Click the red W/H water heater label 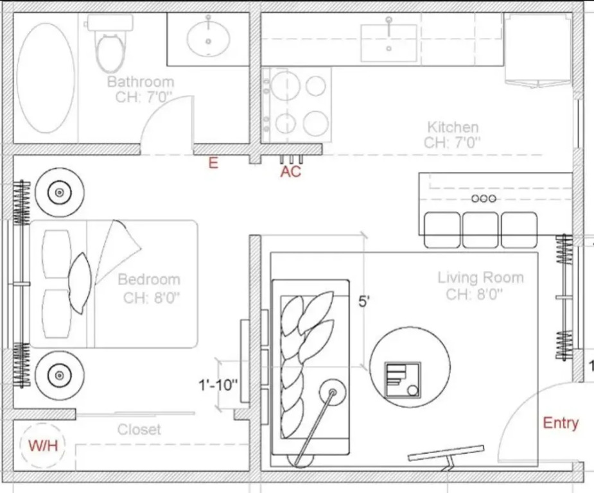(44, 445)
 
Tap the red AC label (290, 171)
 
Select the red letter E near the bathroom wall (213, 163)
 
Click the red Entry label (561, 423)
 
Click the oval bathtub (46, 78)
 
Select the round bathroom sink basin (208, 39)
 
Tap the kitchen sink (389, 43)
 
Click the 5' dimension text (363, 302)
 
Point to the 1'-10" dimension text (218, 385)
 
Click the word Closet (139, 429)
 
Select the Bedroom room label (149, 279)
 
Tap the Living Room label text (481, 277)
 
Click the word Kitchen (453, 127)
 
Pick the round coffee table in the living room (410, 367)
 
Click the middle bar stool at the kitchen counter (480, 230)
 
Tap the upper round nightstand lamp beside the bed (60, 193)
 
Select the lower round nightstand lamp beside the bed (60, 376)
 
